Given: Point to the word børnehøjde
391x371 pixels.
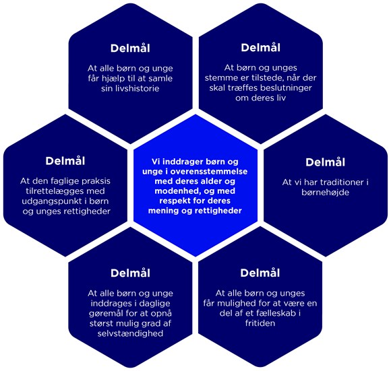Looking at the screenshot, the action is tap(325, 193).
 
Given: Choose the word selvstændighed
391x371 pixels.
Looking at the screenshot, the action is tap(130, 334).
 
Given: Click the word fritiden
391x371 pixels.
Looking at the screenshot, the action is tap(260, 323).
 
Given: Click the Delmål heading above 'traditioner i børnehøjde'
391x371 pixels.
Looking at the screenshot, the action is tap(325, 162).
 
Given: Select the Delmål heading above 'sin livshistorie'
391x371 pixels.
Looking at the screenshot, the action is tap(130, 48).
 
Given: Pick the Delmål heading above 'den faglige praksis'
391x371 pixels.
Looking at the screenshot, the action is tap(65, 162).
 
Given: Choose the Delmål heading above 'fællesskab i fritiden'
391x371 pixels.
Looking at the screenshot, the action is tap(260, 273).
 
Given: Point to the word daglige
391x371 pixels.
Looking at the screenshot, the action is tap(155, 304).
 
